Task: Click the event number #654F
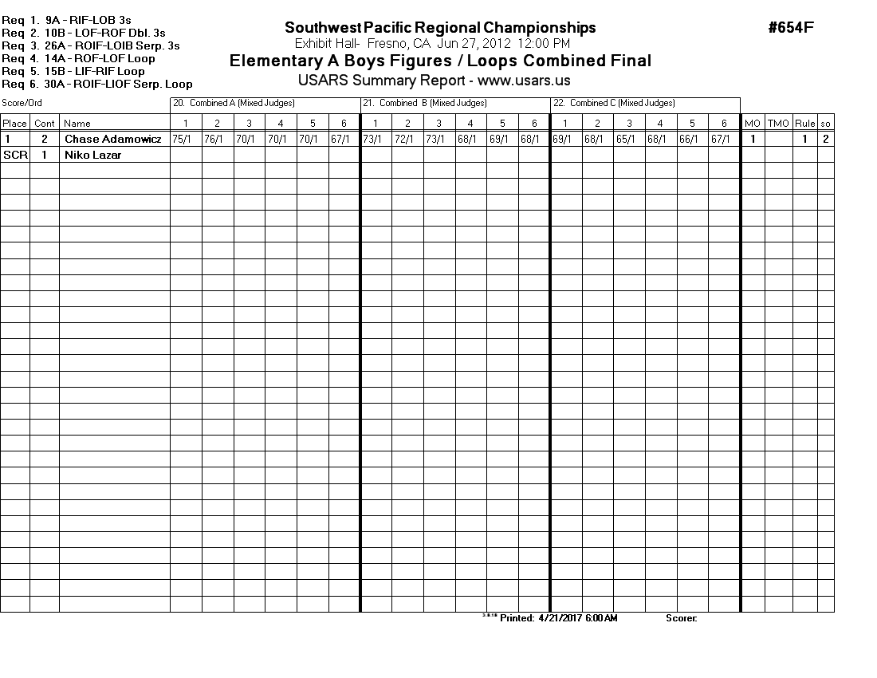(x=791, y=28)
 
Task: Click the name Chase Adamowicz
(x=113, y=140)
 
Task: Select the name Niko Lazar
(x=92, y=156)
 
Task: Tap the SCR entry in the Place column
(x=14, y=156)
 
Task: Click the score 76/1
(x=214, y=140)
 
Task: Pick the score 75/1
(x=182, y=140)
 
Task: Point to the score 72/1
(x=404, y=140)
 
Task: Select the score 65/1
(x=626, y=140)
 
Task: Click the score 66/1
(x=689, y=140)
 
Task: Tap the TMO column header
(x=777, y=124)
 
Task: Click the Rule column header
(x=804, y=124)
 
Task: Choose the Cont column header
(x=45, y=124)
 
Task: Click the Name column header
(x=77, y=124)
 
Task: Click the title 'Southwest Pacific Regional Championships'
(x=440, y=28)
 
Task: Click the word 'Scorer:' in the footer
(x=681, y=618)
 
